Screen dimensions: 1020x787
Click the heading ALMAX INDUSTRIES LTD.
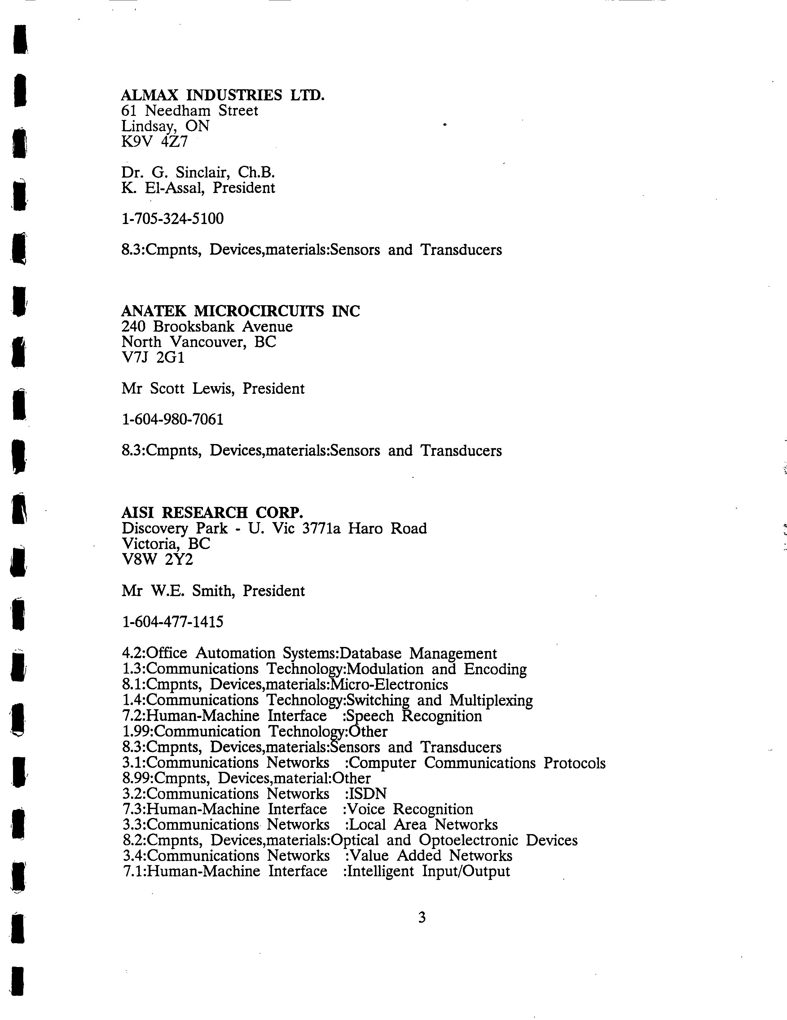tap(222, 95)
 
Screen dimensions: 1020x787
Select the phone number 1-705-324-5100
tap(172, 218)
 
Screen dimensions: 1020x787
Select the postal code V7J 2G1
tap(153, 357)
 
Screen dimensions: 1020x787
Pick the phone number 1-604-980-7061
tap(172, 420)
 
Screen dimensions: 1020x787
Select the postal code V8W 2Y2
tap(157, 559)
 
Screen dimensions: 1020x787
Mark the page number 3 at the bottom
tap(422, 918)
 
